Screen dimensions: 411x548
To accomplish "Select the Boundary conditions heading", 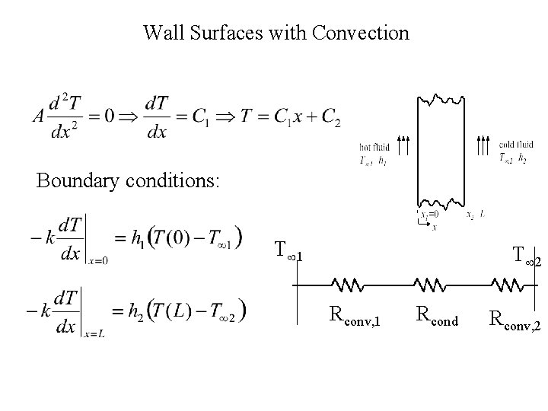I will point(129,181).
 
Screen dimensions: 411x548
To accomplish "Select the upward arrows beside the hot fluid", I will point(405,146).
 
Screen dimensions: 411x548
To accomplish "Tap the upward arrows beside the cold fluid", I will point(484,146).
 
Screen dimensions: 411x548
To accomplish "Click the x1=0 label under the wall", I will point(429,215).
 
